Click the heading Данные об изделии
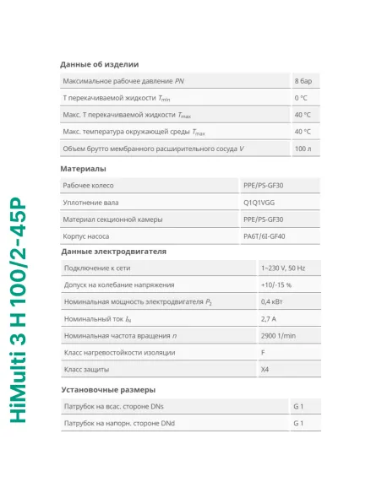[x=100, y=64]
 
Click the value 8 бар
[x=303, y=81]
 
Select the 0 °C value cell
[x=302, y=98]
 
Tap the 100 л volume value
[x=303, y=149]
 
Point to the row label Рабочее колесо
[x=88, y=185]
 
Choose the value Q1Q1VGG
[x=259, y=203]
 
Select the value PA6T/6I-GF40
[x=264, y=236]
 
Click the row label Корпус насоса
[x=86, y=236]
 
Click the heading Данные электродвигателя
[x=114, y=252]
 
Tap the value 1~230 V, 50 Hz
[x=283, y=268]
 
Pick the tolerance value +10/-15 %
[x=276, y=285]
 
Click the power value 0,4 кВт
[x=271, y=302]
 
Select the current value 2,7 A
[x=269, y=319]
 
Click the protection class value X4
[x=266, y=370]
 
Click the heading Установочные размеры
[x=108, y=390]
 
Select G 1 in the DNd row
[x=297, y=423]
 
